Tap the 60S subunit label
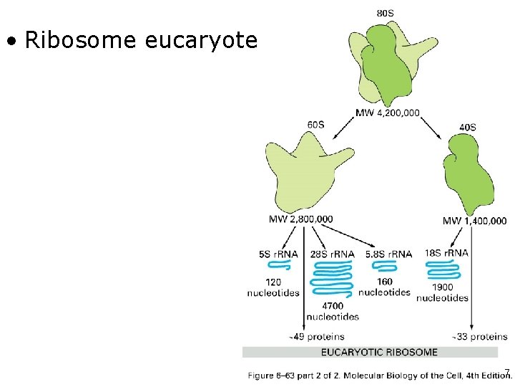click(315, 125)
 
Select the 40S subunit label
click(467, 127)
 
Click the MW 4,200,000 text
click(388, 113)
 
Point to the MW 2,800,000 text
click(300, 219)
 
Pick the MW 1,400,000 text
click(474, 221)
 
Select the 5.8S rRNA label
click(388, 254)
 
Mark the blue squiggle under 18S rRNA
click(443, 270)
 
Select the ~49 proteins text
click(316, 336)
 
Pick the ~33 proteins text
click(480, 336)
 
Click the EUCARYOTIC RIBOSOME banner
click(379, 352)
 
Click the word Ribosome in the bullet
click(81, 40)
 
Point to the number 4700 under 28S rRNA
click(332, 306)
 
